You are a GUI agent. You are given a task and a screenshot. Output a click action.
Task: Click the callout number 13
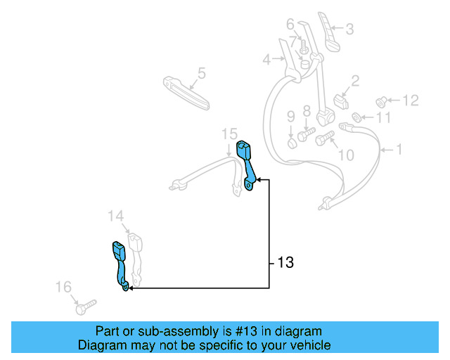tap(285, 264)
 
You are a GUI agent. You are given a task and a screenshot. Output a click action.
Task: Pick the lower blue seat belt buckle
tap(120, 264)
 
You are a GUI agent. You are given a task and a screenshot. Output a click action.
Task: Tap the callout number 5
tap(201, 72)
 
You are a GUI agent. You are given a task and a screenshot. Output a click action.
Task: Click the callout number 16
tap(63, 286)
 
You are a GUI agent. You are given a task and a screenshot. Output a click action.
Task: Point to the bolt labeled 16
tap(84, 307)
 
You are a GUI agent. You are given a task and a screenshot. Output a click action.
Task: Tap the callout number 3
tap(349, 29)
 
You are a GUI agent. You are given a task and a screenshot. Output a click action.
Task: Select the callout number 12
tap(410, 101)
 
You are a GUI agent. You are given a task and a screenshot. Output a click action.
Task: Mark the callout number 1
tap(399, 149)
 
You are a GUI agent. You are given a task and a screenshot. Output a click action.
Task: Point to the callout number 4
tap(266, 60)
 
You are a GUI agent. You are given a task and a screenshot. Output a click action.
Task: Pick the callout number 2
tap(355, 81)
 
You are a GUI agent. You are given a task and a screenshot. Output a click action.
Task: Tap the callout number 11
tap(382, 117)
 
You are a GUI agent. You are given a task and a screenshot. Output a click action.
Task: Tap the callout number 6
tap(290, 25)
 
